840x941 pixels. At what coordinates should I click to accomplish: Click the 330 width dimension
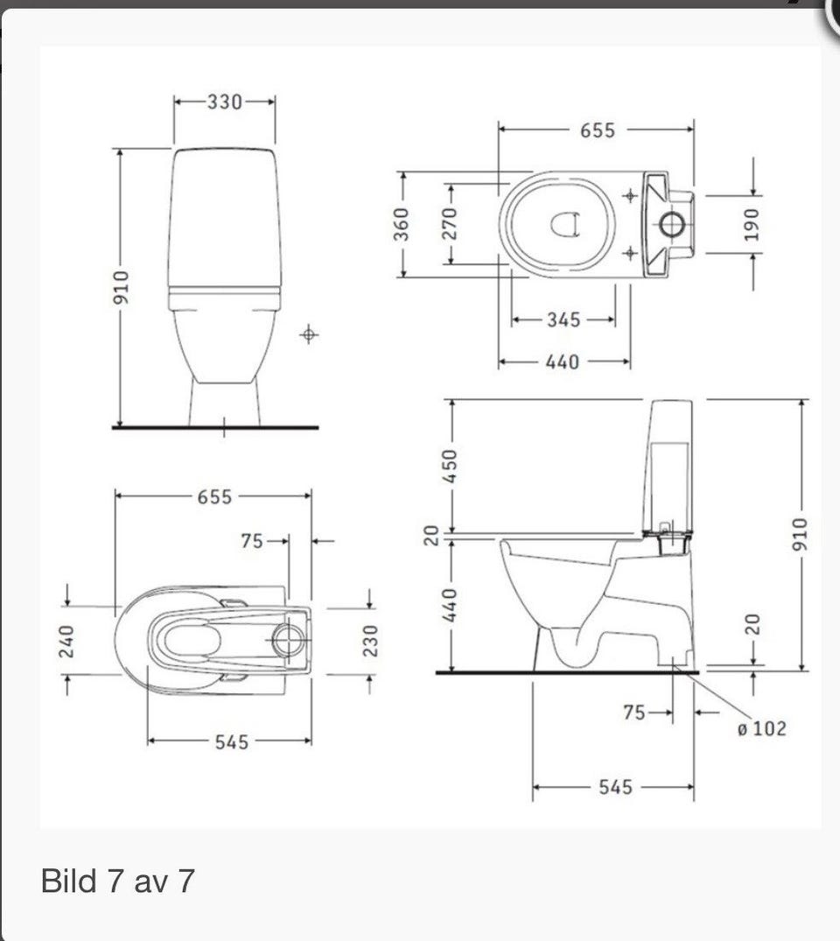225,102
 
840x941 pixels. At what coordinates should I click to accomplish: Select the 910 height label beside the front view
121,287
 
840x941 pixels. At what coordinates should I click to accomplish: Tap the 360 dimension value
401,224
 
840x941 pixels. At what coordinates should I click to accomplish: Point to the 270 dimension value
450,224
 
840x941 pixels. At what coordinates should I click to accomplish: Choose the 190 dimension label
752,224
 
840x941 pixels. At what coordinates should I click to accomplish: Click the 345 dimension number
563,320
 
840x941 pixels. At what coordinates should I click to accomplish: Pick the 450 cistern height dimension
450,466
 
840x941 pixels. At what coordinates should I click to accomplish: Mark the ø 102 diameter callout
761,728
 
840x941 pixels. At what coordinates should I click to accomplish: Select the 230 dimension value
371,641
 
